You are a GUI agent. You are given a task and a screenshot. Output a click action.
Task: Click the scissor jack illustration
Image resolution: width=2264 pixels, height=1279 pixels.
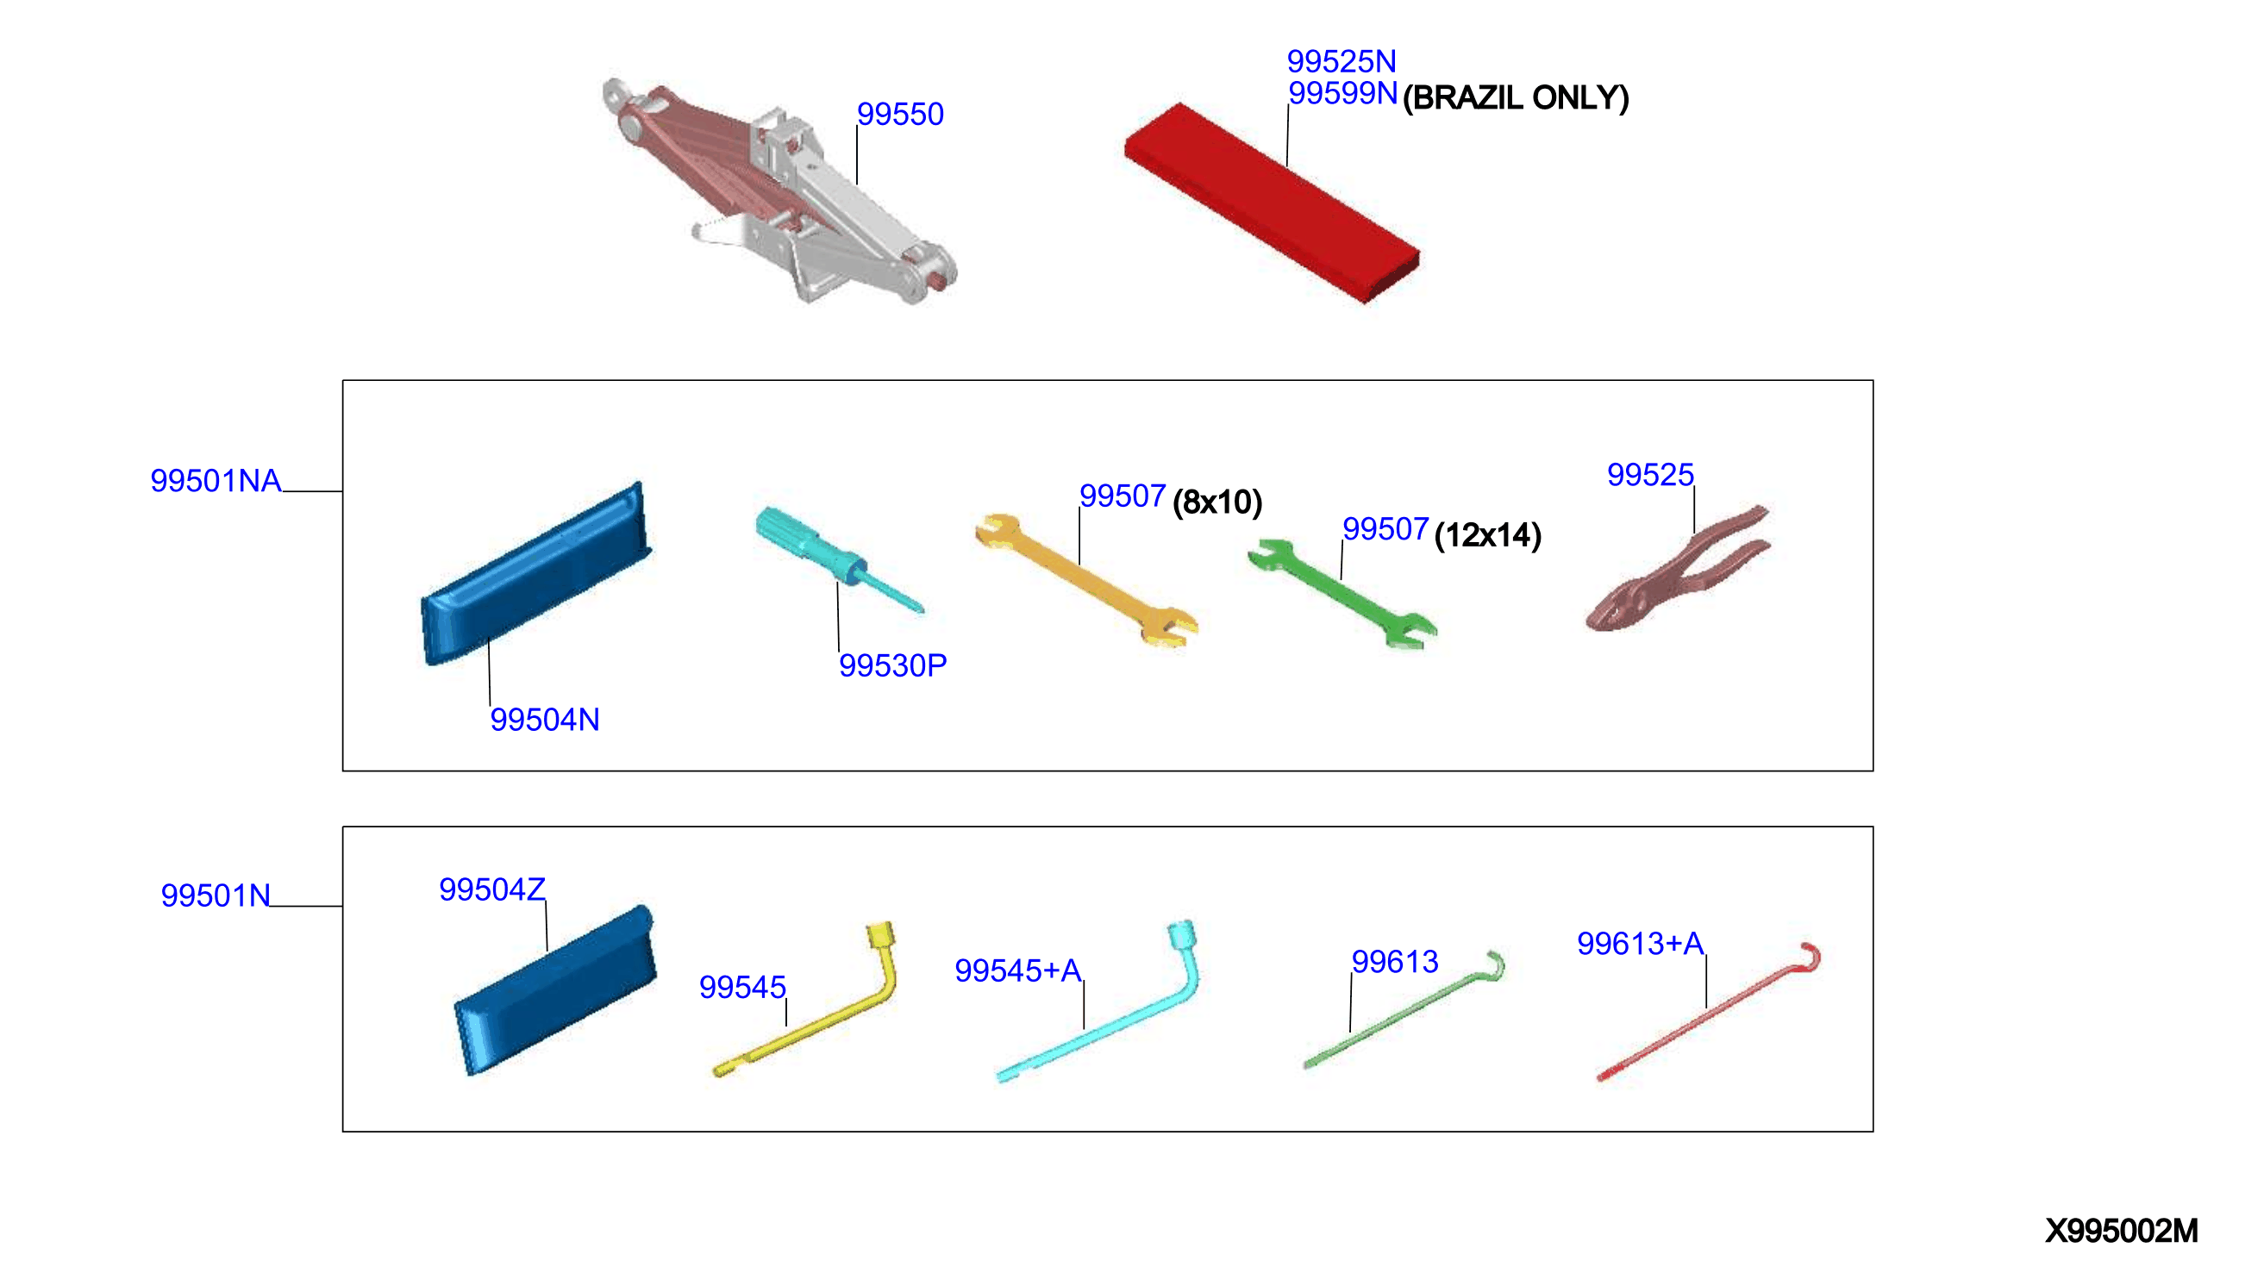coord(778,193)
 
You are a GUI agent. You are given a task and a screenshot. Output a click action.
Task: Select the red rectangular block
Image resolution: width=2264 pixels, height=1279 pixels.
coord(1272,202)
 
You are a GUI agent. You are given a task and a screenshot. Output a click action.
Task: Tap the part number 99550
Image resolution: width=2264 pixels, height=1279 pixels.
coord(900,114)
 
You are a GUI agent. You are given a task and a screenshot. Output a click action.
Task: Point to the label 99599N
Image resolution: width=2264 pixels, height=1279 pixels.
coord(1342,92)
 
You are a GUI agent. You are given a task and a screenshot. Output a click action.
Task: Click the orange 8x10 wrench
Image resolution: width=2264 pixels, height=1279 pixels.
coord(1086,580)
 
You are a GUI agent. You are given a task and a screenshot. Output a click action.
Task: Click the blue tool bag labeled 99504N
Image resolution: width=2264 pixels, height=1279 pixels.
coord(536,574)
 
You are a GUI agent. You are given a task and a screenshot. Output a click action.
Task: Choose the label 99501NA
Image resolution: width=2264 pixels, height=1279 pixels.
coord(216,481)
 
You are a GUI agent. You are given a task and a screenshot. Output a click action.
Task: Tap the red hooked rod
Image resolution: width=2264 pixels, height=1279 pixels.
coord(1710,1010)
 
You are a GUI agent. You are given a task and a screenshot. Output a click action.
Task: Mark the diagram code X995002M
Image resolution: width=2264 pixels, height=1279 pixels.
coord(2122,1231)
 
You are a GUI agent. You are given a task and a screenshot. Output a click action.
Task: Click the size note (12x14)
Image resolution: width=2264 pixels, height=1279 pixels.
coord(1487,535)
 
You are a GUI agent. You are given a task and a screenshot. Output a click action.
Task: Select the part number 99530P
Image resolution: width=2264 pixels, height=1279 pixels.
coord(893,665)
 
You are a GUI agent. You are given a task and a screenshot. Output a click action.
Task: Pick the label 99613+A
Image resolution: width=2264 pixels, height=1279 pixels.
coord(1640,944)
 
